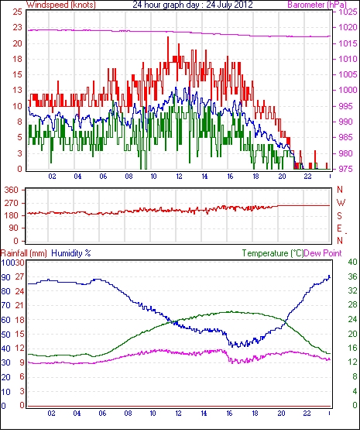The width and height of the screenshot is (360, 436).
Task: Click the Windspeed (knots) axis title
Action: (x=61, y=5)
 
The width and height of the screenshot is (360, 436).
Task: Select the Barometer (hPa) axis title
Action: (x=317, y=5)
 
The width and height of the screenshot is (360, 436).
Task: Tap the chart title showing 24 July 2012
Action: (x=193, y=5)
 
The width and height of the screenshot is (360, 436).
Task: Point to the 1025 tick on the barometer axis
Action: (x=348, y=12)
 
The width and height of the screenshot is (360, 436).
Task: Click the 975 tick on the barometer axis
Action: (x=347, y=169)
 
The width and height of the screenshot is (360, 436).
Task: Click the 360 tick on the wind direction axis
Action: (x=11, y=191)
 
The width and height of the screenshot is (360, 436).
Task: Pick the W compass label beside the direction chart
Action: (x=341, y=203)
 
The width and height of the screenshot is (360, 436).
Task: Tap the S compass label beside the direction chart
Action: (x=339, y=215)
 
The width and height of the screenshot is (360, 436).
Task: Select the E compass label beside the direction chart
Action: (x=339, y=228)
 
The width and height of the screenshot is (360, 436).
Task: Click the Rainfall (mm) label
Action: (x=24, y=253)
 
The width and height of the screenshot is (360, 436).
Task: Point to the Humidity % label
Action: (x=71, y=253)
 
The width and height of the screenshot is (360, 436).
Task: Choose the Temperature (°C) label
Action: (x=273, y=253)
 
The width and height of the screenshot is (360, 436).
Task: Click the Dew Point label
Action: (x=323, y=253)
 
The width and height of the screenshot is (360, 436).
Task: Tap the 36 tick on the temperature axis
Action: (x=352, y=276)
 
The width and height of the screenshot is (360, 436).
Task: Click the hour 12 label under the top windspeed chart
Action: (x=179, y=177)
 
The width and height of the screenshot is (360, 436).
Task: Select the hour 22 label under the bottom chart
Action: (x=307, y=414)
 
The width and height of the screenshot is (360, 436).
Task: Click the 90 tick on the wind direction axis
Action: (x=13, y=228)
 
